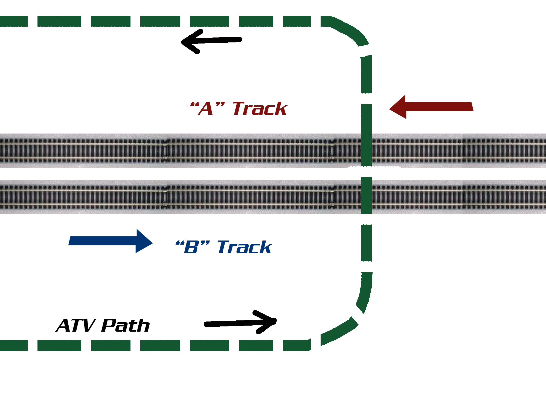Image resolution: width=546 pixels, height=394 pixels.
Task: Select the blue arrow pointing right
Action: pyautogui.click(x=109, y=241)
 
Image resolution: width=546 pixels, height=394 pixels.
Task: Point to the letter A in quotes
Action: pyautogui.click(x=206, y=109)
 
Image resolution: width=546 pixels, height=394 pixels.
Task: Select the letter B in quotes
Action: pyautogui.click(x=191, y=247)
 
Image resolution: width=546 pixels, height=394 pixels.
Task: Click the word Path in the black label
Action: pyautogui.click(x=126, y=325)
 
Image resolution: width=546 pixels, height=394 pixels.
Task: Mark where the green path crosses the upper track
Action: pyautogui.click(x=367, y=150)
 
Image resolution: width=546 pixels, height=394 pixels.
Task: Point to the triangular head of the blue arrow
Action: pyautogui.click(x=143, y=241)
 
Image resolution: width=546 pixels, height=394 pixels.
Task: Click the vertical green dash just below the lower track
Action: pyautogui.click(x=367, y=243)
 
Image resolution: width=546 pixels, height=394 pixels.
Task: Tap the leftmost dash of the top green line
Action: pyautogui.click(x=14, y=21)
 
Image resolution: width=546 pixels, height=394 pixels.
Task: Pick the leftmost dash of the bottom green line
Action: pyautogui.click(x=14, y=345)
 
